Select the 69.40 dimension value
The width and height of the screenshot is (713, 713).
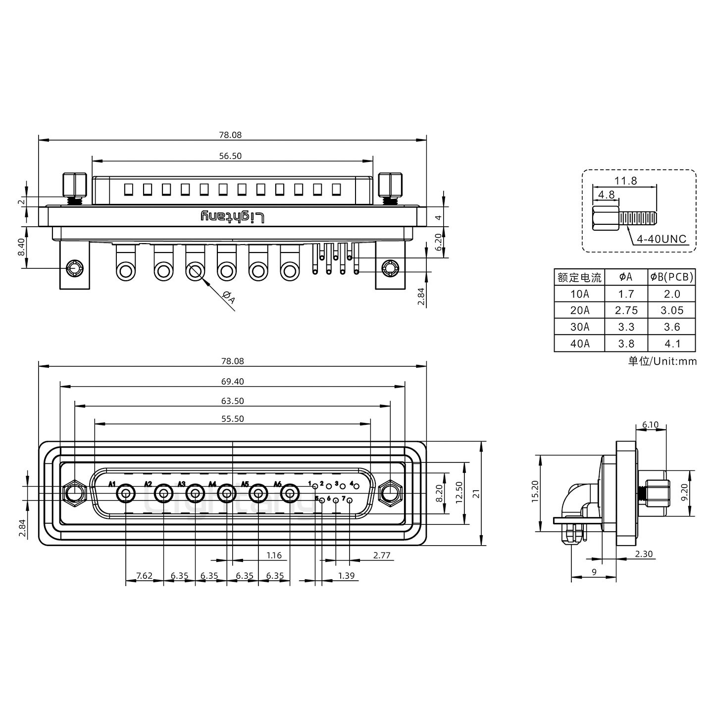[232, 381]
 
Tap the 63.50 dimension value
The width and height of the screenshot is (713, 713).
[232, 401]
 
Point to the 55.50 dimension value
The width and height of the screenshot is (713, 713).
[232, 419]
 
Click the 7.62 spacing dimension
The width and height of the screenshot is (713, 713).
[144, 576]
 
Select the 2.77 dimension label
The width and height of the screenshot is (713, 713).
[382, 556]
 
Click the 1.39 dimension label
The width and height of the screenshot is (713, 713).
[346, 576]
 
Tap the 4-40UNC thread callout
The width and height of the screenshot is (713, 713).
[662, 239]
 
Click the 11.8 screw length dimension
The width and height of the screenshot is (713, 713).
[626, 181]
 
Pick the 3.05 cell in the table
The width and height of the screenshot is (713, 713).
[671, 310]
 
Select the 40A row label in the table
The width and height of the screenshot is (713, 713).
[579, 344]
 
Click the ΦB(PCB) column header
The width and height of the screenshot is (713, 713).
[671, 277]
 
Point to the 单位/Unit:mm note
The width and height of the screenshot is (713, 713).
[662, 361]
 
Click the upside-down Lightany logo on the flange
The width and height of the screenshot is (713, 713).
[233, 217]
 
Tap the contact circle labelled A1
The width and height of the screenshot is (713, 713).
[126, 494]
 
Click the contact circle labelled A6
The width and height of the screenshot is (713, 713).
[290, 494]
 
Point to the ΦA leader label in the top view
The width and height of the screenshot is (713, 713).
[229, 298]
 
